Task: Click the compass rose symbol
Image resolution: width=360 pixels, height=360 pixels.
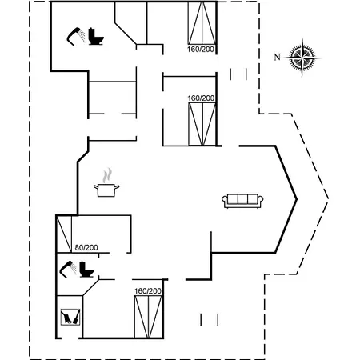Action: [x=302, y=58]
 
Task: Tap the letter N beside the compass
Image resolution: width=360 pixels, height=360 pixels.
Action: [x=278, y=57]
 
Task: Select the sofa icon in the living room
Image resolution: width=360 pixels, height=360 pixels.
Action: [x=242, y=201]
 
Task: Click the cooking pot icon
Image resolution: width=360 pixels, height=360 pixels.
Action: [x=106, y=190]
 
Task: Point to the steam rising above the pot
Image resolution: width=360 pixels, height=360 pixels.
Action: [x=107, y=175]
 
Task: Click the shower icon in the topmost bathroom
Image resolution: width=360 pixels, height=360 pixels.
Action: [x=76, y=36]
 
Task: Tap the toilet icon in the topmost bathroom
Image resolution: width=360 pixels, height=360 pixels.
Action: [x=95, y=36]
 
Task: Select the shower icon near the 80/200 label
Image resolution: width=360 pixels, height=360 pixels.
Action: [x=68, y=269]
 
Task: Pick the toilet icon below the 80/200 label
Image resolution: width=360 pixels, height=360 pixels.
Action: [x=87, y=270]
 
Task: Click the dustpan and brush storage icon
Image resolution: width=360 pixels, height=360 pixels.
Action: [x=70, y=317]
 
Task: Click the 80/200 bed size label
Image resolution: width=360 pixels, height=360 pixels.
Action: [x=86, y=248]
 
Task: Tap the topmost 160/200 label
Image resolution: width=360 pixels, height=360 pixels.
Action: [x=201, y=50]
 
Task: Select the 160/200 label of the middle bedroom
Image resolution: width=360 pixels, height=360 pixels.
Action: [x=201, y=98]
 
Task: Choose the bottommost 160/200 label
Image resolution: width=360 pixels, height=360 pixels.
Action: [x=148, y=291]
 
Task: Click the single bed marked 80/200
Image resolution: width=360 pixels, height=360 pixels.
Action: [x=64, y=234]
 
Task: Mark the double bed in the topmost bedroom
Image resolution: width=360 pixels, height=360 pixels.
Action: [x=202, y=23]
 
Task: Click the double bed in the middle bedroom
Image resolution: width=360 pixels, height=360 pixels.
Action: [x=202, y=124]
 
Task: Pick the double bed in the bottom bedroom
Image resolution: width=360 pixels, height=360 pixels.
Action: [x=148, y=317]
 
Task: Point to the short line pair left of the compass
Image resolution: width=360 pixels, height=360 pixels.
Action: [x=238, y=74]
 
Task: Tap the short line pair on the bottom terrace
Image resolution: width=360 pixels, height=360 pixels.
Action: [x=210, y=320]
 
